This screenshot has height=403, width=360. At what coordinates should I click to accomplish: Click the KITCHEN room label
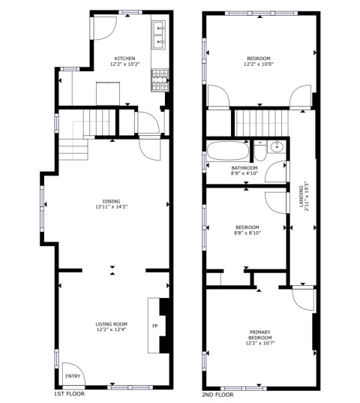[x=124, y=59]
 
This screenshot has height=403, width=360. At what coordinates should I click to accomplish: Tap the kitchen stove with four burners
[x=160, y=80]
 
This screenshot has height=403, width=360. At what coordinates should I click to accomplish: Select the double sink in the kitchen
[x=159, y=35]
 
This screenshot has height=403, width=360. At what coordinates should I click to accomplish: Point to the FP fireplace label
[x=154, y=326]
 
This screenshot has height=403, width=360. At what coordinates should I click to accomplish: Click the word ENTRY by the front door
[x=73, y=376]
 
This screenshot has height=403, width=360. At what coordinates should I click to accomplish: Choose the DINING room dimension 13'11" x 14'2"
[x=112, y=207]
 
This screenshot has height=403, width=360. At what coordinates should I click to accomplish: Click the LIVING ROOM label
[x=112, y=324]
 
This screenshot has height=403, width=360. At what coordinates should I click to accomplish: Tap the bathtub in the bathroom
[x=228, y=151]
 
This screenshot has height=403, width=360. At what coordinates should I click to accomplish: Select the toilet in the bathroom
[x=260, y=151]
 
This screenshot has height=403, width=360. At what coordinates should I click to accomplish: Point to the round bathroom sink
[x=277, y=147]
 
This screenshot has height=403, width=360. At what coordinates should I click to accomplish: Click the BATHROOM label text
[x=244, y=168]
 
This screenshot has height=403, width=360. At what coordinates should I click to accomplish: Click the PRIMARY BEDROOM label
[x=260, y=335]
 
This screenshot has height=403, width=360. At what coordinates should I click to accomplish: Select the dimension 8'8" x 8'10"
[x=247, y=233]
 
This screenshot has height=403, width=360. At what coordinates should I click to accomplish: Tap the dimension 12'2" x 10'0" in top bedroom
[x=259, y=64]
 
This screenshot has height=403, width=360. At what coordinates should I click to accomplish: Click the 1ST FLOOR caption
[x=69, y=394]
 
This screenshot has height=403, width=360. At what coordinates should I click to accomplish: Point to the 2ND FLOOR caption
[x=217, y=395]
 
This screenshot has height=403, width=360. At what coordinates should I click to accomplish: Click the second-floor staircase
[x=262, y=123]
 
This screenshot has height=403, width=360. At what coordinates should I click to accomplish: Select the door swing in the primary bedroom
[x=303, y=299]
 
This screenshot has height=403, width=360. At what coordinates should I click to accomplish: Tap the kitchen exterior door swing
[x=105, y=29]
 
